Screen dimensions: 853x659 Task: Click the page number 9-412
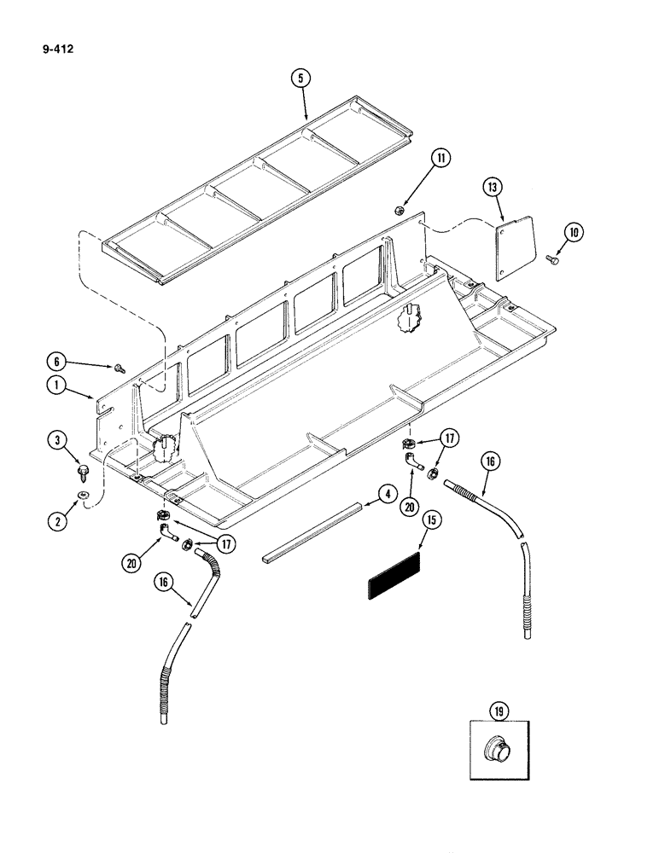[x=55, y=49]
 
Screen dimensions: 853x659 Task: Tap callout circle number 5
[x=300, y=78]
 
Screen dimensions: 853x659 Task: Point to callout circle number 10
[x=571, y=230]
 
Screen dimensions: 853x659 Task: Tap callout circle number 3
[x=58, y=440]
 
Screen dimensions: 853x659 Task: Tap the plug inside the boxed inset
[x=498, y=751]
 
